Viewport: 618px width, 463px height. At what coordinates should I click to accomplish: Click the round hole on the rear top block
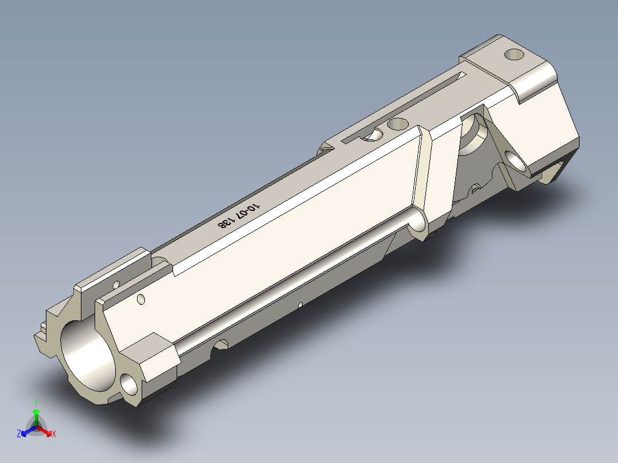[x=514, y=56]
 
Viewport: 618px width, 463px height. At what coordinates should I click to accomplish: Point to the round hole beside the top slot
[x=397, y=124]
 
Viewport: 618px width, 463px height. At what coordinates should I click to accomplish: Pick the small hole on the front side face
[x=141, y=299]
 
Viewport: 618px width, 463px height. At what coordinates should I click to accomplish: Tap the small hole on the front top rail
[x=117, y=284]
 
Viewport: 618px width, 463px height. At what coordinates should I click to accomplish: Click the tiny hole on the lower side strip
[x=300, y=304]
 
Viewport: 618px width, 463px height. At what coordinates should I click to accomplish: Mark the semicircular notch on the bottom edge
[x=221, y=345]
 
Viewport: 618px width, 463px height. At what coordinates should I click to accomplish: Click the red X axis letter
[x=54, y=434]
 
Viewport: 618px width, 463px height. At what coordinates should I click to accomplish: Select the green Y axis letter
[x=36, y=402]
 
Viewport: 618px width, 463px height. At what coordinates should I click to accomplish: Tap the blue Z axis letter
[x=19, y=434]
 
